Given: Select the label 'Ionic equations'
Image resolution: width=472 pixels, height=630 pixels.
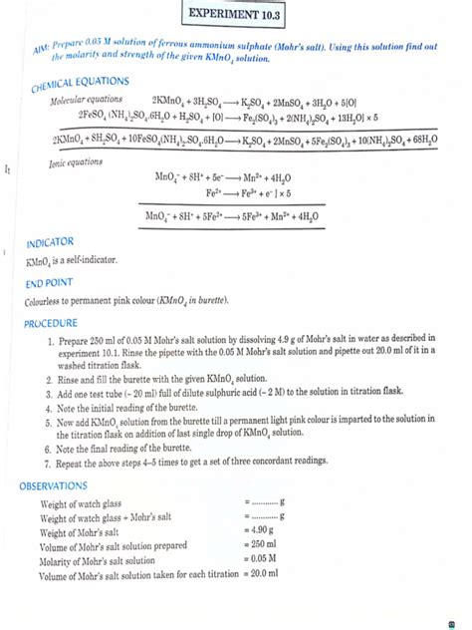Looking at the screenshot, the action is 78,162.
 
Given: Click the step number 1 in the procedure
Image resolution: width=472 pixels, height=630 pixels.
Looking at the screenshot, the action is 49,343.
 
